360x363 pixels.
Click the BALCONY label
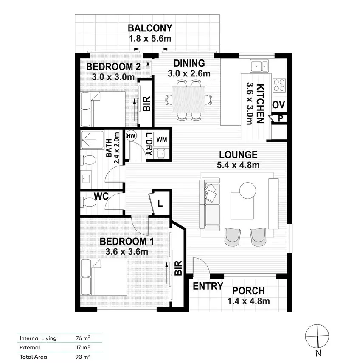150,28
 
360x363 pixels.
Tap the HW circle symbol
131,135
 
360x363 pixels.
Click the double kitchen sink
259,66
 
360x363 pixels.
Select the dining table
189,100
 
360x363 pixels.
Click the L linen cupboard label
160,203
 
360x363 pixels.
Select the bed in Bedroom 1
104,277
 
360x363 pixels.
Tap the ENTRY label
208,286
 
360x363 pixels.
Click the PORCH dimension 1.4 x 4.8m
248,302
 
